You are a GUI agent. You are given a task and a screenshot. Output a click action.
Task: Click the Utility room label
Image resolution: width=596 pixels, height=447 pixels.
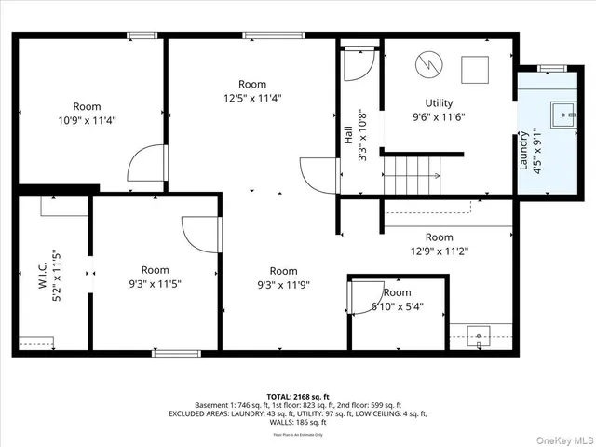[x=439, y=103]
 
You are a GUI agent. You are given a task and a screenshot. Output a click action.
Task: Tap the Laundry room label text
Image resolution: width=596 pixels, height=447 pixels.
[x=523, y=151]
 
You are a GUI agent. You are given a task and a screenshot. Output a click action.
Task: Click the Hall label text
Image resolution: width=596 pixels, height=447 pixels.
[x=348, y=136]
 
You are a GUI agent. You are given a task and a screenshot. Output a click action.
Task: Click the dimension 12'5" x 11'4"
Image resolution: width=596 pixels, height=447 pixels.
[x=251, y=98]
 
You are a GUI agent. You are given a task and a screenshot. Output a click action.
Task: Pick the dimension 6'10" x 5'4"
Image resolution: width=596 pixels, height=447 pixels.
[x=397, y=306]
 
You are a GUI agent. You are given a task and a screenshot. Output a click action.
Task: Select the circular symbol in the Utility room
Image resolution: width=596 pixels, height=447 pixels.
[x=427, y=64]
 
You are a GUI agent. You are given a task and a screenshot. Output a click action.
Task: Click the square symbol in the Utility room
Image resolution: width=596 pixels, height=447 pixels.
[x=476, y=69]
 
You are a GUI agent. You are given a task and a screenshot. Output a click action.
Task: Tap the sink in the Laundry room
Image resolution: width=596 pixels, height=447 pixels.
[x=565, y=115]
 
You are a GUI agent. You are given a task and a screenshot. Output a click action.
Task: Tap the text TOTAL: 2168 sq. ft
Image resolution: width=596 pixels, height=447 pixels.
[x=297, y=396]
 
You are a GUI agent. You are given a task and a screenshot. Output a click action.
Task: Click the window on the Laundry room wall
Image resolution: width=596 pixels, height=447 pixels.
[x=552, y=68]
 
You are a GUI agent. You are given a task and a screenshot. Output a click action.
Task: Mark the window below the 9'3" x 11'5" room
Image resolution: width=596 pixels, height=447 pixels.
[x=177, y=353]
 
